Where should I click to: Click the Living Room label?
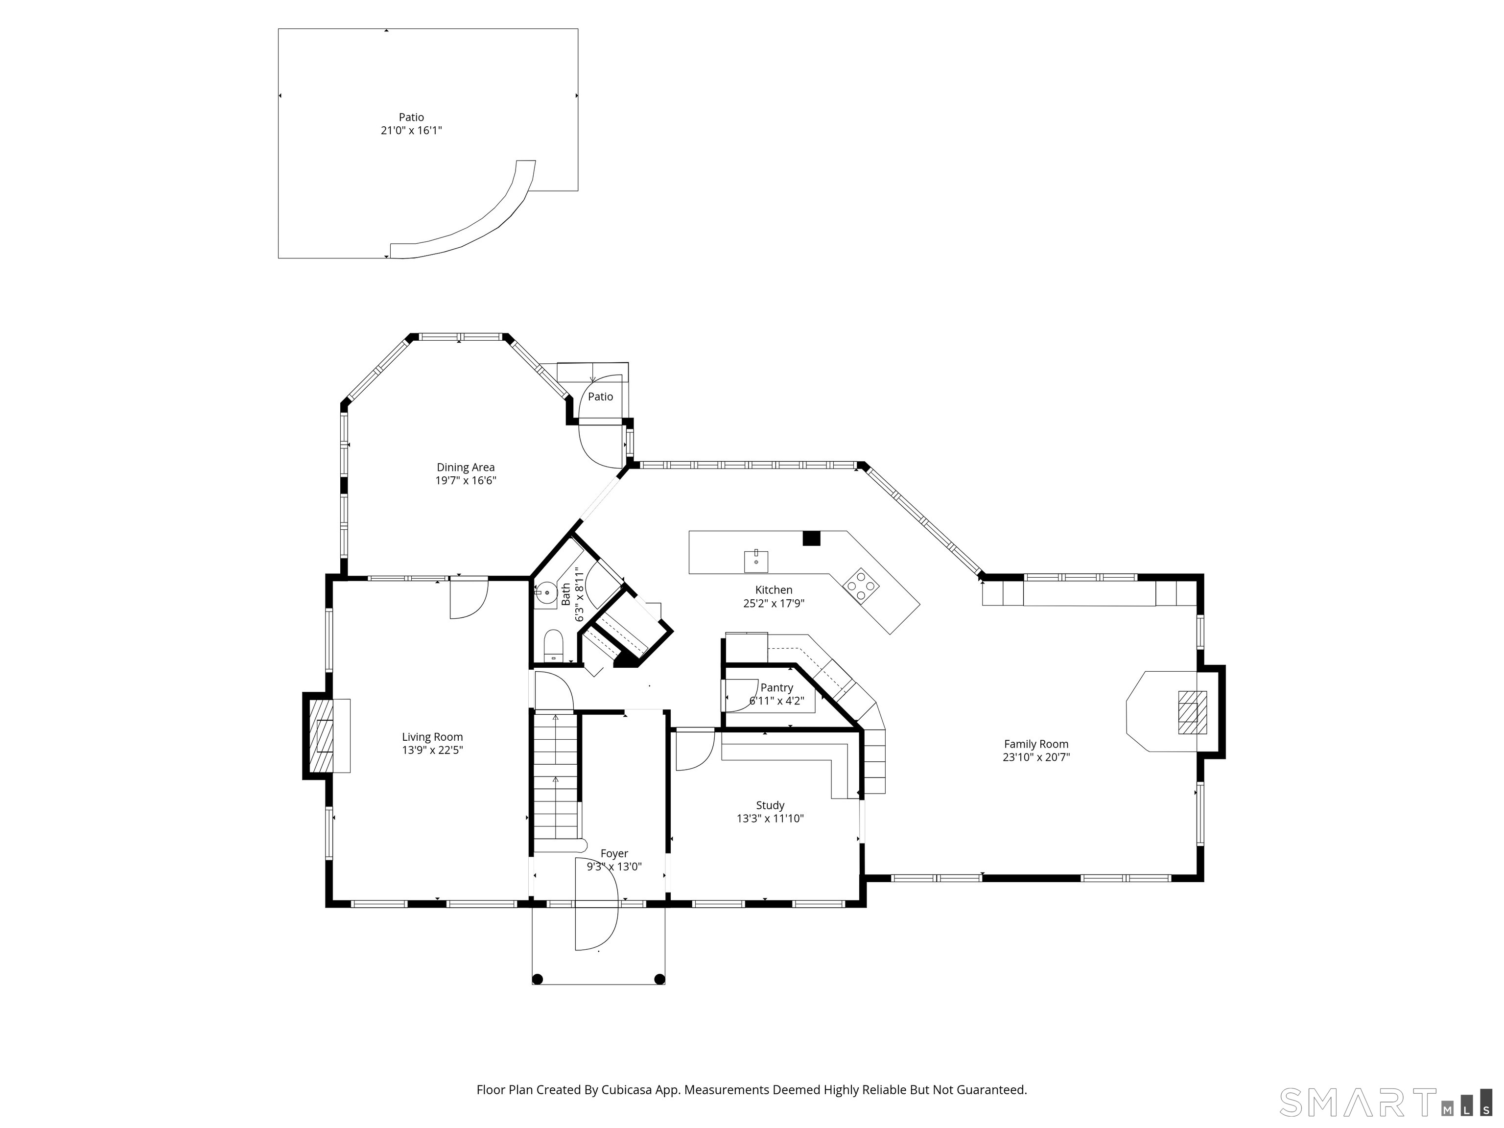coord(432,737)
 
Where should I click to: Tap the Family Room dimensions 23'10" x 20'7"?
coord(1036,757)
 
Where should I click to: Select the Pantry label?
coord(776,688)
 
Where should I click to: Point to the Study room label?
coord(770,806)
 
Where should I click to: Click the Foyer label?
coord(614,854)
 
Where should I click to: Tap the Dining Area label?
coord(466,468)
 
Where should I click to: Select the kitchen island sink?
coord(756,562)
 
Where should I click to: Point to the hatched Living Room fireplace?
coord(322,736)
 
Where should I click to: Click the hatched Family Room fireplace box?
coord(1193,712)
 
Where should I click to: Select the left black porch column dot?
coord(537,980)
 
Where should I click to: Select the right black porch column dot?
coord(659,980)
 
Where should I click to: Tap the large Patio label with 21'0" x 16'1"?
coord(411,124)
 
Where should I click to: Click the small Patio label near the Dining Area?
coord(600,397)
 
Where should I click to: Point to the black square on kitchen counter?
coord(811,538)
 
